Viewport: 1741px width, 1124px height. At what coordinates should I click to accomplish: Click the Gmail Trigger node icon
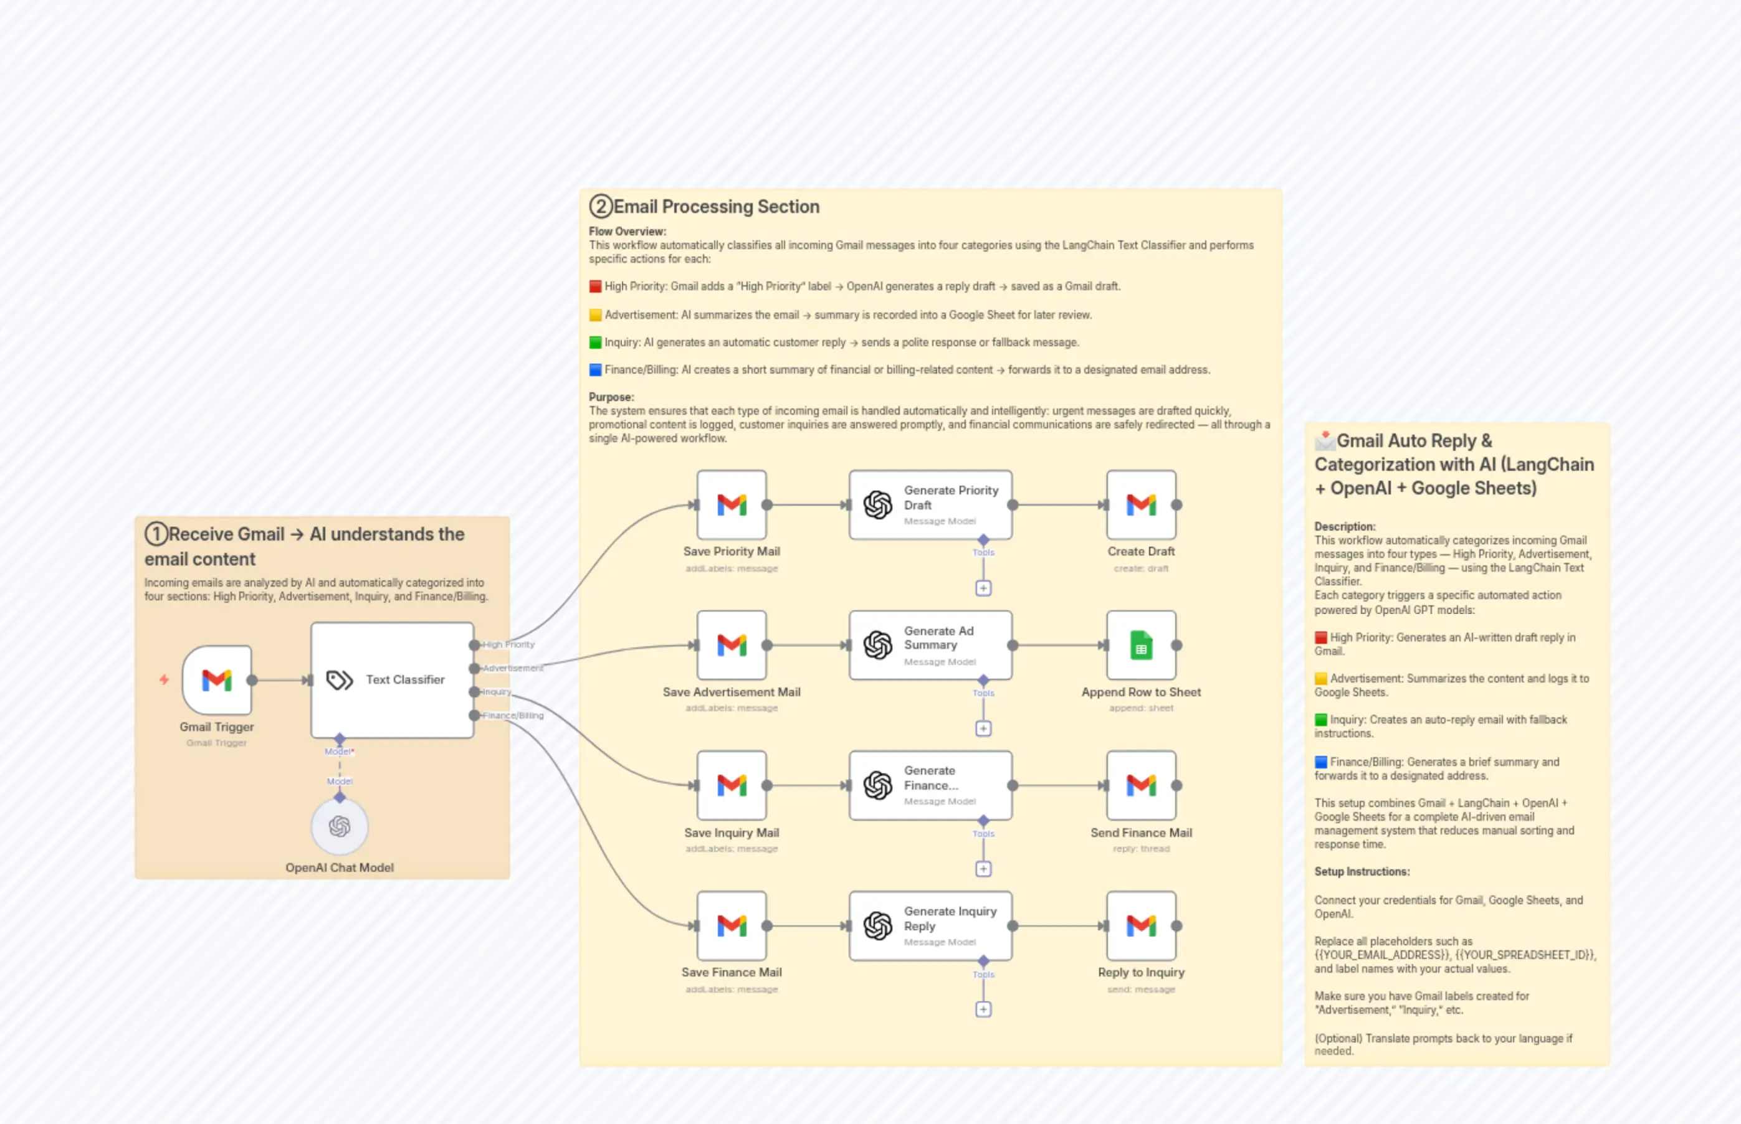(x=216, y=679)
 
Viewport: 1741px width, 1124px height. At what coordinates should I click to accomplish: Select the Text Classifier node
(x=392, y=679)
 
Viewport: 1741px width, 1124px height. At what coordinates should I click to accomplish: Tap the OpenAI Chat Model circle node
(x=340, y=826)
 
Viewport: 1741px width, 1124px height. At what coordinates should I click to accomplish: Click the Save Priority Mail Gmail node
(x=731, y=504)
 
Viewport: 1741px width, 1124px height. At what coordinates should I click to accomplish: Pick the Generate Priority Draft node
(x=930, y=504)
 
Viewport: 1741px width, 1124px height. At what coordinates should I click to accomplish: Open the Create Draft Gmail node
(x=1141, y=504)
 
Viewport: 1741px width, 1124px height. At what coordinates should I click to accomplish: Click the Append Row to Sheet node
(x=1141, y=645)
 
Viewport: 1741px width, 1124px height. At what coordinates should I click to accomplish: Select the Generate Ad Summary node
(x=930, y=645)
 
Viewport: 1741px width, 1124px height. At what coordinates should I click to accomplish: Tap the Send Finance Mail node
(x=1141, y=785)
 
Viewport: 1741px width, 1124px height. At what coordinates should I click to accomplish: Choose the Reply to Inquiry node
(x=1141, y=925)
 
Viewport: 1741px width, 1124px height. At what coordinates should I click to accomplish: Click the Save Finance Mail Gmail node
(x=731, y=925)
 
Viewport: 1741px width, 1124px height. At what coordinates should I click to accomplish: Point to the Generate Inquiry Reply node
(x=930, y=925)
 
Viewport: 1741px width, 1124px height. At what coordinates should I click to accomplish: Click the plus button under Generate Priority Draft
(x=983, y=588)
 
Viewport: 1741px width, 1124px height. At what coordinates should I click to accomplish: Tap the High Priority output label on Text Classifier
(x=508, y=645)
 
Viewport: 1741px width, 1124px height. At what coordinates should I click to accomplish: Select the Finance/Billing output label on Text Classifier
(x=513, y=715)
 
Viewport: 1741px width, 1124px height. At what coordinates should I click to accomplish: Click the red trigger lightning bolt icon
(x=165, y=679)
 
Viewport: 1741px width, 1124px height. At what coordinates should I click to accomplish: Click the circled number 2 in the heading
(x=600, y=207)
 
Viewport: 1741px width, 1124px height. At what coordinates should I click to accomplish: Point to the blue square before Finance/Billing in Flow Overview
(x=595, y=370)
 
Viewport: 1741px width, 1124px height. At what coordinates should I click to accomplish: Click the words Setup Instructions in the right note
(x=1362, y=871)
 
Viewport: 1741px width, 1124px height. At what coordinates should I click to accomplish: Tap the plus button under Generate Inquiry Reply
(x=983, y=1009)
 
